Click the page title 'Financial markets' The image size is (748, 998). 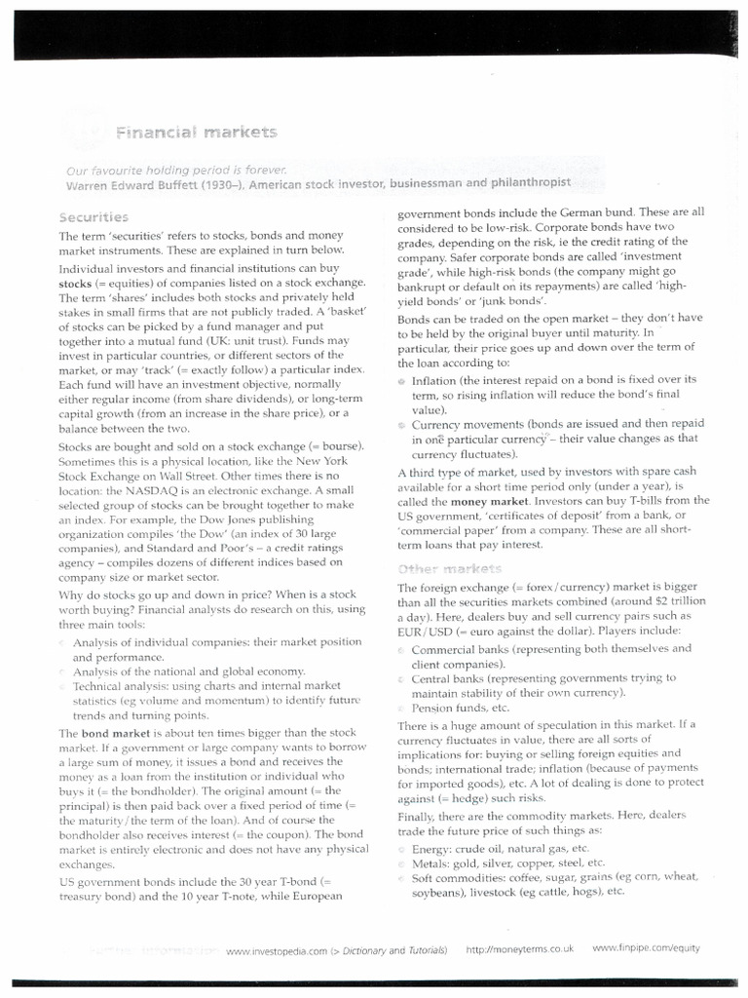click(x=197, y=132)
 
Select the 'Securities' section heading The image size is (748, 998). click(x=93, y=216)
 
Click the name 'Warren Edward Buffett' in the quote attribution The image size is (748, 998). click(x=130, y=183)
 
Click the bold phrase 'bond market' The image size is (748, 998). click(x=109, y=732)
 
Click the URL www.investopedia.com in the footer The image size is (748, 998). click(x=274, y=948)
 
